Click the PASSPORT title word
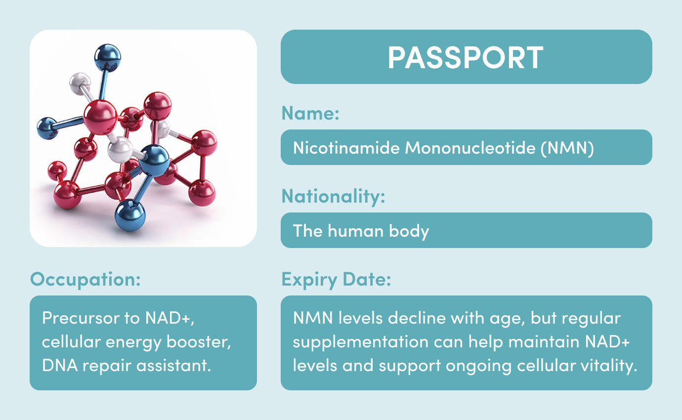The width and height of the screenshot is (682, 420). coord(466,57)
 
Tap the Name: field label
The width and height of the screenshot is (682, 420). coord(310,113)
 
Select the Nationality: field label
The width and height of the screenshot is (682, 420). coord(334,196)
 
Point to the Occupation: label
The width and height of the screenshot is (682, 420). coord(85,279)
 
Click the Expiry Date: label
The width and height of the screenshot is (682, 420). coord(336,279)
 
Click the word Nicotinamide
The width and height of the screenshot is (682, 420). coord(346,148)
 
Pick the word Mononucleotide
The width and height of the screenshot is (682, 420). coord(470,148)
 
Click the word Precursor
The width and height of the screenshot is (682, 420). coord(81,318)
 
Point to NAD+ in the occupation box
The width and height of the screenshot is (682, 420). coord(170,319)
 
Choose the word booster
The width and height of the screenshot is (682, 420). coord(199,342)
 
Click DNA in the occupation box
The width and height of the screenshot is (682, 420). coord(60,365)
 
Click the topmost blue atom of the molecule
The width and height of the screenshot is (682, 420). coord(107,57)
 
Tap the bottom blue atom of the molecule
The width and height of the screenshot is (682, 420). coord(130,215)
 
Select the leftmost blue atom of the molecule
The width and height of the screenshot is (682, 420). coord(47,128)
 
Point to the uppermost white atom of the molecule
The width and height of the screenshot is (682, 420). coord(80,84)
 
